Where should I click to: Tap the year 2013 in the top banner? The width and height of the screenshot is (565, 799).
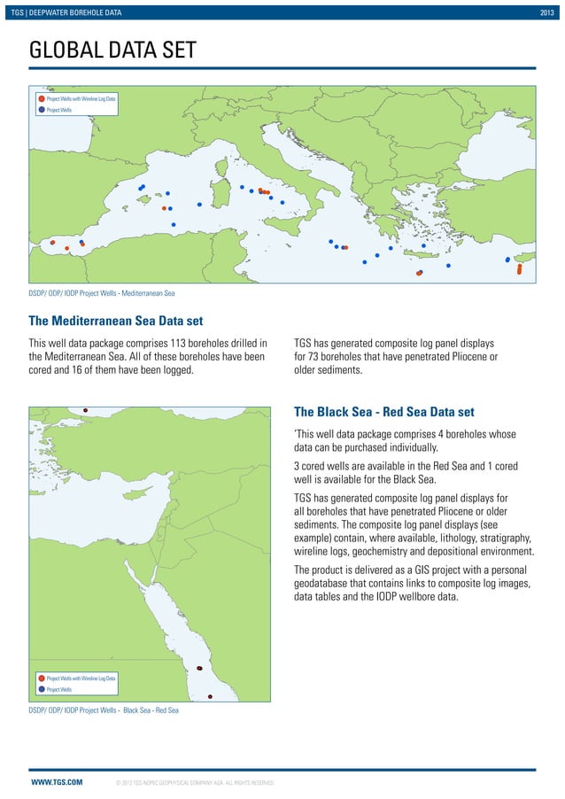click(x=548, y=11)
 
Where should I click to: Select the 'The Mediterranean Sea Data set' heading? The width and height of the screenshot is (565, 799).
click(x=116, y=320)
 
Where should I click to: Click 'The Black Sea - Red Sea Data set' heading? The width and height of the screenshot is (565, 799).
click(x=383, y=412)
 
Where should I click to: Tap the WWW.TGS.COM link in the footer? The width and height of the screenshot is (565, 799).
click(x=57, y=782)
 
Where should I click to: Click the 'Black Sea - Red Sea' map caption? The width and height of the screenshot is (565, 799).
click(x=104, y=710)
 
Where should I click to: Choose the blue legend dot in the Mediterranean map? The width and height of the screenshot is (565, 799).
click(x=41, y=110)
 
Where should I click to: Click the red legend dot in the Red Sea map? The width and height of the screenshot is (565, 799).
click(x=41, y=678)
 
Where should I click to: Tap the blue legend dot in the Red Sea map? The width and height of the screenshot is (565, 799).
click(x=41, y=689)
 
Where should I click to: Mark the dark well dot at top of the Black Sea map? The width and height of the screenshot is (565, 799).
click(x=85, y=410)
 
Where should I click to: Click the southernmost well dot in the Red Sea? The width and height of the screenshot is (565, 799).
click(x=210, y=696)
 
